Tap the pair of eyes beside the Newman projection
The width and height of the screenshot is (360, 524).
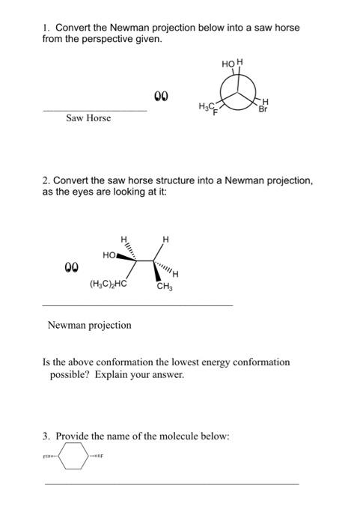161,96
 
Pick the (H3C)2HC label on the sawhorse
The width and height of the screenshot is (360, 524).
107,284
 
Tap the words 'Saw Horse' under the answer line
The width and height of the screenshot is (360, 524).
88,118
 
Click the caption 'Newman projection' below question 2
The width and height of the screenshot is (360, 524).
89,325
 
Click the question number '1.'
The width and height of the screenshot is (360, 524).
46,28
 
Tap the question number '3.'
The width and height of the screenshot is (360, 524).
46,436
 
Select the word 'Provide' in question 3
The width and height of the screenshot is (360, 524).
73,436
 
